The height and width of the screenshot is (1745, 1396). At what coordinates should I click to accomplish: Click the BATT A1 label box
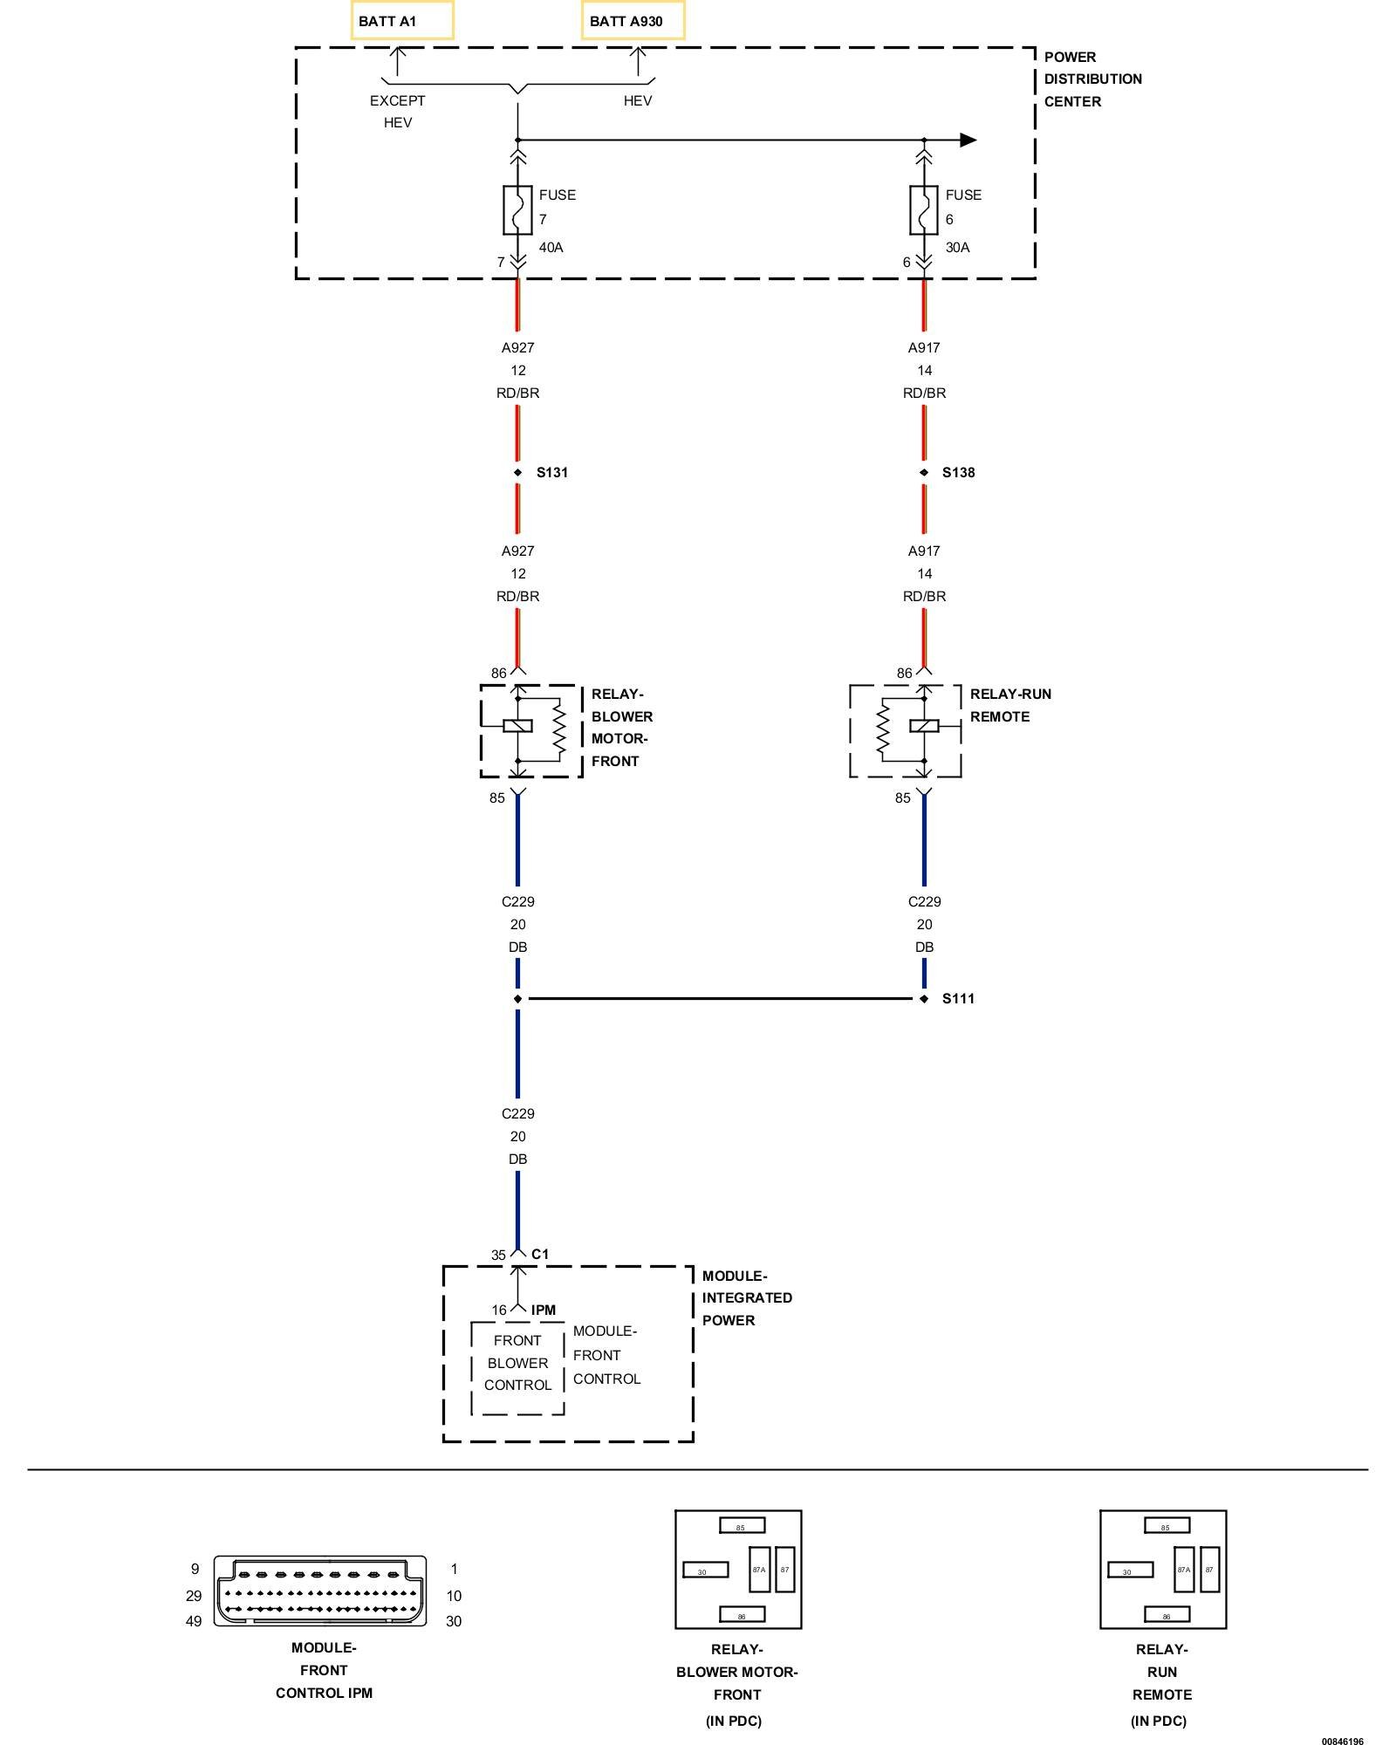pos(402,20)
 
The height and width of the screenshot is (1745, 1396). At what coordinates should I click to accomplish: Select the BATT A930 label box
pos(633,20)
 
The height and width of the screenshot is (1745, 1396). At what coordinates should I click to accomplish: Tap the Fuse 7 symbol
pos(517,210)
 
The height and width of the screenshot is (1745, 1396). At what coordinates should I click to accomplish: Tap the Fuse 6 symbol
pos(924,210)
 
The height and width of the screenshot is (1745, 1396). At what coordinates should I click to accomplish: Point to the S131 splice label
pos(552,473)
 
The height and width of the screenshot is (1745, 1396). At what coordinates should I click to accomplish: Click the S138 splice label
pos(959,473)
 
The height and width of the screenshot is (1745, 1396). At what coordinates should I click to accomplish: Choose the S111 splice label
pos(959,999)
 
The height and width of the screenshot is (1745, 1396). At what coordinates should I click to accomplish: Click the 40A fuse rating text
pos(551,248)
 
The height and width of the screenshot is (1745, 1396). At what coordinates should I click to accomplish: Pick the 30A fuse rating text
pos(958,248)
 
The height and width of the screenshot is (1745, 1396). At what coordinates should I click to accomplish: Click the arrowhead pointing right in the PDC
pos(968,140)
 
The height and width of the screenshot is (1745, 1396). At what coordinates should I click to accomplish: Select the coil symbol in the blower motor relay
pos(518,726)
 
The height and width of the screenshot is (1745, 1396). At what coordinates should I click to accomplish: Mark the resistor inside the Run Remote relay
pos(883,729)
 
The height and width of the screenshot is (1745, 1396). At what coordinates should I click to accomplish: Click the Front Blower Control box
pos(518,1368)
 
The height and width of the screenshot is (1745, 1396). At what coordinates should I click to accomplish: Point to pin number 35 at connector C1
pos(498,1256)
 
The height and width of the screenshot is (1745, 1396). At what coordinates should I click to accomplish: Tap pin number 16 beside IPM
pos(499,1310)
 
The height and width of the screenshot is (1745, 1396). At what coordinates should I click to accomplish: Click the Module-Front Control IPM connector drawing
pos(320,1591)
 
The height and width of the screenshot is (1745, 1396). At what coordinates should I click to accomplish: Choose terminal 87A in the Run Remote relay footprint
pos(1184,1570)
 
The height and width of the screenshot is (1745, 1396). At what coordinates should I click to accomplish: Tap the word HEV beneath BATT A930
pos(638,101)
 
